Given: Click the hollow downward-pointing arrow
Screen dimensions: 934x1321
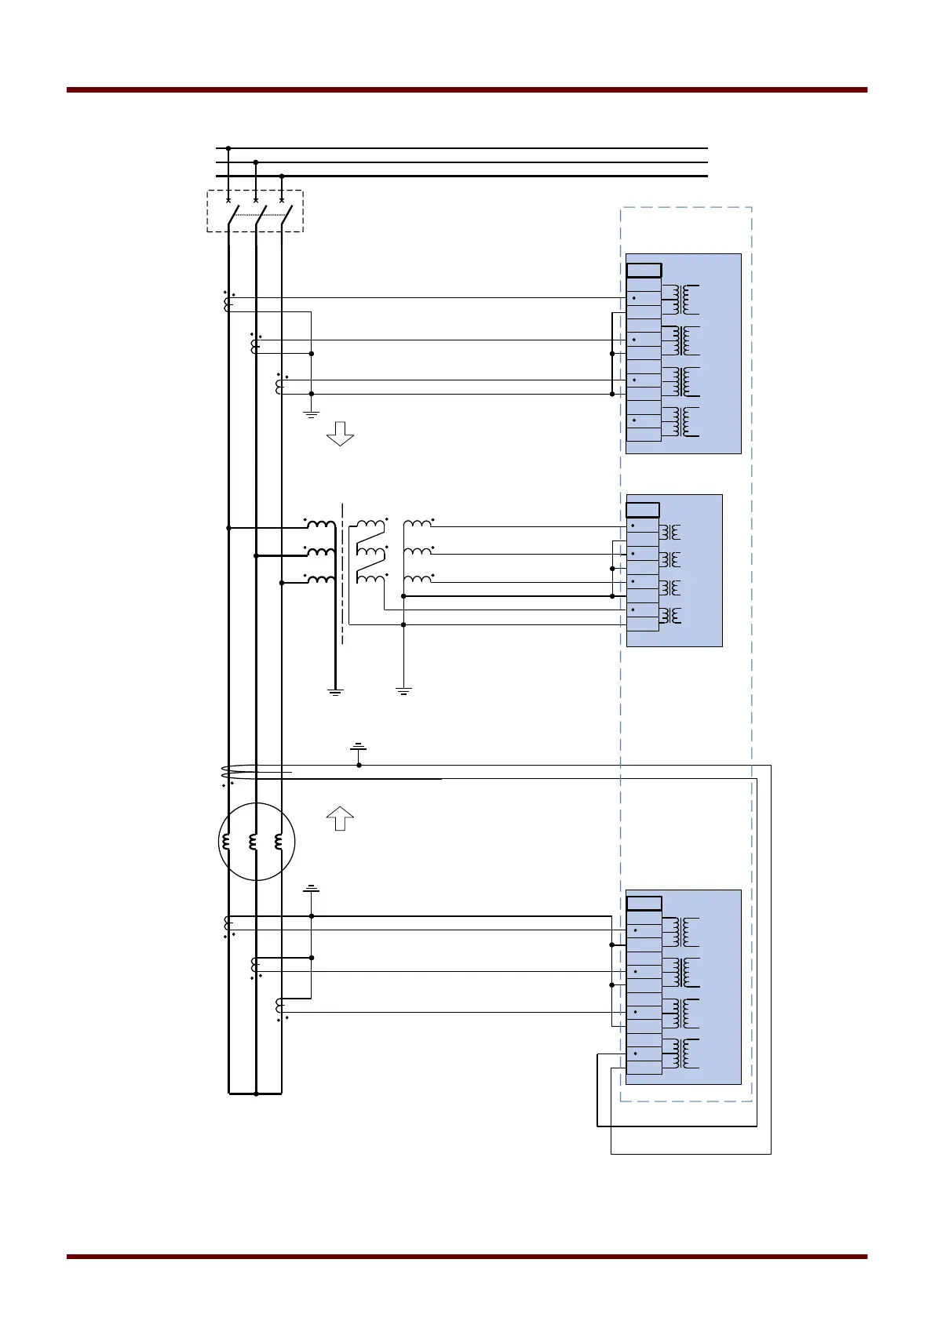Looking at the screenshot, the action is tap(340, 433).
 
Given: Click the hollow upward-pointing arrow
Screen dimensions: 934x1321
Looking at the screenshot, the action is tap(340, 818).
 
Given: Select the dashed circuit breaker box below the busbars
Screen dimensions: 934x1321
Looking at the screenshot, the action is tap(255, 211).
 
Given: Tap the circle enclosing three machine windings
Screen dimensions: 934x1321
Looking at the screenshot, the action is tap(256, 842).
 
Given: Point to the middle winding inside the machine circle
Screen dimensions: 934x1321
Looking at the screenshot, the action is tap(253, 842).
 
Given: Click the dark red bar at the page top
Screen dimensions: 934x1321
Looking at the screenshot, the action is tap(467, 90).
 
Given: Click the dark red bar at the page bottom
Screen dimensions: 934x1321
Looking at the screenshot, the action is tap(467, 1257).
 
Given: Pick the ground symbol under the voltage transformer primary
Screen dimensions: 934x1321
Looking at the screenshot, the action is tap(335, 692).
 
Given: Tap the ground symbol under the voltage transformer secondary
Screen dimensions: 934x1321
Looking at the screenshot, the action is tap(403, 692).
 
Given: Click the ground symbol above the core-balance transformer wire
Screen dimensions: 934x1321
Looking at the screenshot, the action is tap(358, 747).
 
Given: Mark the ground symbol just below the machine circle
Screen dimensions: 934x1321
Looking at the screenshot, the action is tap(312, 889).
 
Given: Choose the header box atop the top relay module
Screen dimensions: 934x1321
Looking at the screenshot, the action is tap(644, 271).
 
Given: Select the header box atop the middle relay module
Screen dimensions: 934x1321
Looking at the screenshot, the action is tap(643, 510).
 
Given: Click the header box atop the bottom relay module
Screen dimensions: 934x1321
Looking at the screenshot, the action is tap(644, 904).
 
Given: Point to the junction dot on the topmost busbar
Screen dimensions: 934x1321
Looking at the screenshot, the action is tap(228, 147).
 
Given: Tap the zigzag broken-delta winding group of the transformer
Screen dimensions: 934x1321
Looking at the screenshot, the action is tap(371, 551).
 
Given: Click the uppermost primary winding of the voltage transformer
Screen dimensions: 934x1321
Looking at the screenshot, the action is tap(320, 524).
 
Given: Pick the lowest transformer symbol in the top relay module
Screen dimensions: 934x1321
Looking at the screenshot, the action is tap(680, 422).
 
